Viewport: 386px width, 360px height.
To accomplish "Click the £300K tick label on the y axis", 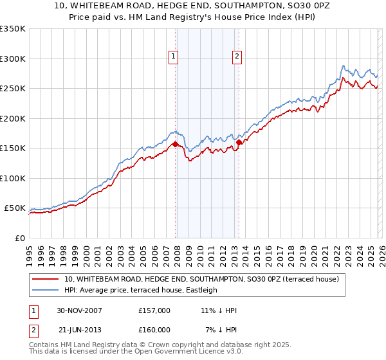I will coord(13,59).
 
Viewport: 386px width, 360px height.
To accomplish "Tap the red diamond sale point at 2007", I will coord(176,144).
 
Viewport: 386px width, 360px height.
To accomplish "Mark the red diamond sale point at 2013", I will coord(239,142).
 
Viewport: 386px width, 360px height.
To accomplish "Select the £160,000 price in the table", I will coord(154,330).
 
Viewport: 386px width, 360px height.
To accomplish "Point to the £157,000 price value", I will coord(154,310).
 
